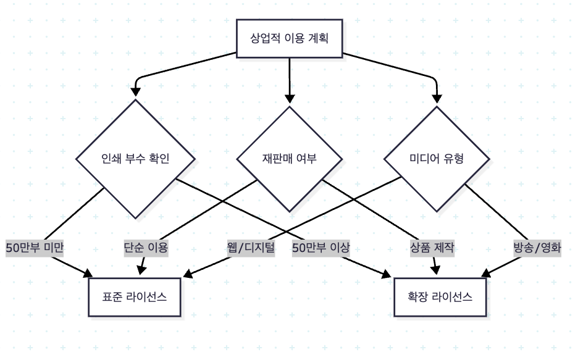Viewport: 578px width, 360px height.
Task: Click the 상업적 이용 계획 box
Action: click(289, 39)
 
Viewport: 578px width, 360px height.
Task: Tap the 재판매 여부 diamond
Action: click(289, 157)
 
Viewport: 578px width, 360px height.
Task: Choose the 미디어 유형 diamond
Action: click(437, 157)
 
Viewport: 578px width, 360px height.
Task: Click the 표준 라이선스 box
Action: click(135, 296)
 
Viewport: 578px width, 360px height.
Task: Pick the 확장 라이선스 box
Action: click(440, 296)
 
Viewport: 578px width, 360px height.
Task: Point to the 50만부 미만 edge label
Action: click(35, 248)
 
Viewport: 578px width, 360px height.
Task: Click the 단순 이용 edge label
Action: click(146, 248)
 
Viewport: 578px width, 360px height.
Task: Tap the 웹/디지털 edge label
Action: click(251, 248)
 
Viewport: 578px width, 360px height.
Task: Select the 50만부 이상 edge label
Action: click(321, 248)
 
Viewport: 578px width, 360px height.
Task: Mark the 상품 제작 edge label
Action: click(432, 248)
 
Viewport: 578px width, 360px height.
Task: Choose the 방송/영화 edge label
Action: click(537, 248)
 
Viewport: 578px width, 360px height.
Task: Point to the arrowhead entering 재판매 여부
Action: click(289, 99)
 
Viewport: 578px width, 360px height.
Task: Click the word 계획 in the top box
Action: click(316, 39)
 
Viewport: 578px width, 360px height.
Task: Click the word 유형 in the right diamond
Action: click(453, 157)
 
